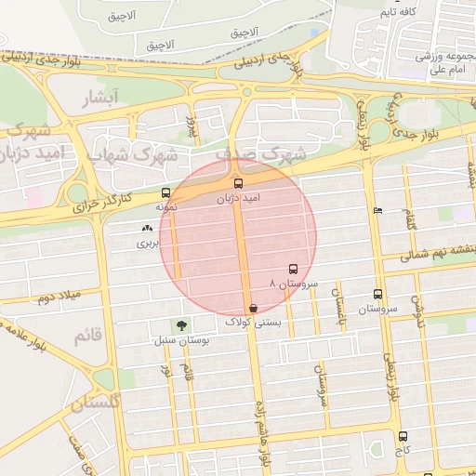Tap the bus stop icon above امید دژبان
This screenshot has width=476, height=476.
pos(238,183)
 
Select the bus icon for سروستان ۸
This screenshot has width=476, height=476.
pos(294,267)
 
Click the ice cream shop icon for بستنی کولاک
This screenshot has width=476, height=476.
pos(253,308)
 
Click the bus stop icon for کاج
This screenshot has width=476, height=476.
pos(403,436)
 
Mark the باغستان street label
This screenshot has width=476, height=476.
pos(342,303)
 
